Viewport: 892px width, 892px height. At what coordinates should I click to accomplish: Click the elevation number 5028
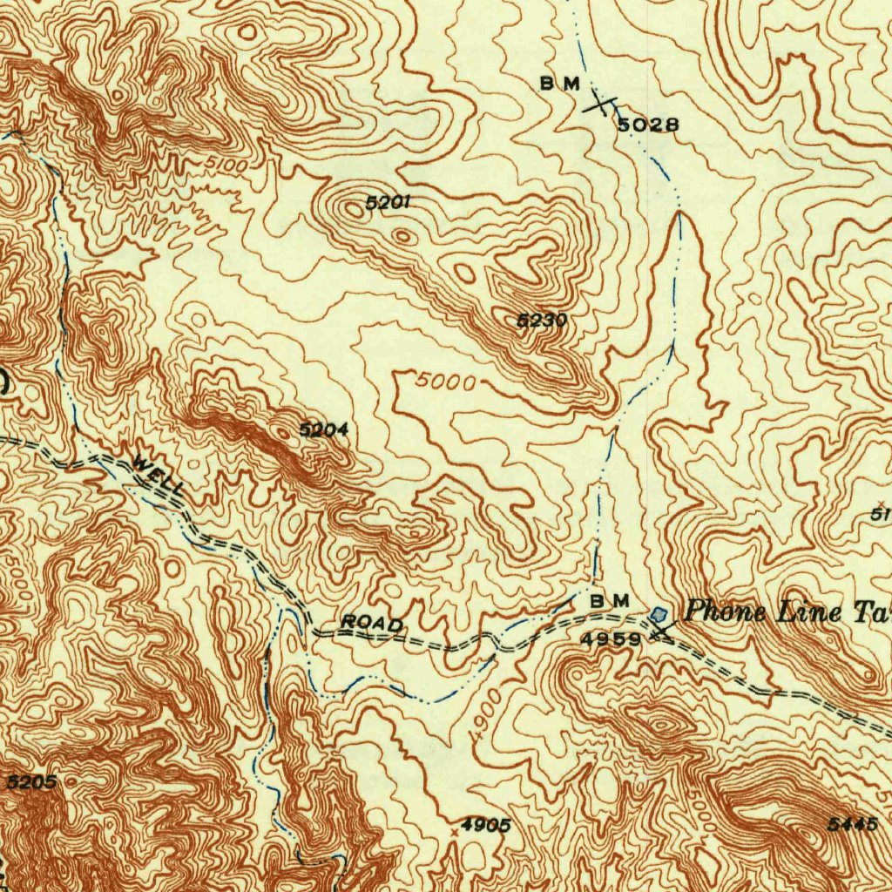point(648,125)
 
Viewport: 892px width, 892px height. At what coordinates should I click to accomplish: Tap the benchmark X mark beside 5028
point(598,105)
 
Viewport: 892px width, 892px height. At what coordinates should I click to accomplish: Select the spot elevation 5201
point(388,203)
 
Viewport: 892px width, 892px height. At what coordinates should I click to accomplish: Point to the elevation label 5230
point(542,321)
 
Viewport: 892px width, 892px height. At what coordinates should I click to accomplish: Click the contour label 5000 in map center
point(445,382)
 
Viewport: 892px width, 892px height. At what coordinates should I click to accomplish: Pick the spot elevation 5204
point(323,429)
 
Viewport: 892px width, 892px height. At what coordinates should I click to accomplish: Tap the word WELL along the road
point(158,476)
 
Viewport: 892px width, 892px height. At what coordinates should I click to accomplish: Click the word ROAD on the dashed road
point(372,623)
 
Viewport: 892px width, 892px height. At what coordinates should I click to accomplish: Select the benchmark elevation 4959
point(612,638)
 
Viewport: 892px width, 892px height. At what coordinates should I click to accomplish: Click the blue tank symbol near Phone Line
point(659,615)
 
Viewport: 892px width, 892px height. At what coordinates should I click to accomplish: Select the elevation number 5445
point(853,824)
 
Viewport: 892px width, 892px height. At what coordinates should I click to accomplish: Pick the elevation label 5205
point(31,782)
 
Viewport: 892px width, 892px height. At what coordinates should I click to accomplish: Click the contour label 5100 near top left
point(227,162)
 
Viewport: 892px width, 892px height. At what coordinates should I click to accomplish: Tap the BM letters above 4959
point(609,601)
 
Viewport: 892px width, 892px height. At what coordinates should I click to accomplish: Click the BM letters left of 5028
point(559,84)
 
